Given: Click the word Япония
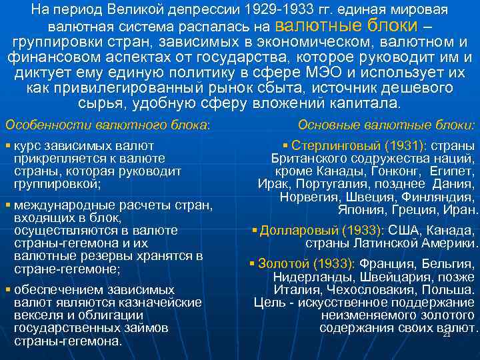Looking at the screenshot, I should tap(361, 210).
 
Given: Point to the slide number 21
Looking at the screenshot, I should tap(447, 334).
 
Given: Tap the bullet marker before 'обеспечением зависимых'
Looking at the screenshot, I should tap(7, 290).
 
